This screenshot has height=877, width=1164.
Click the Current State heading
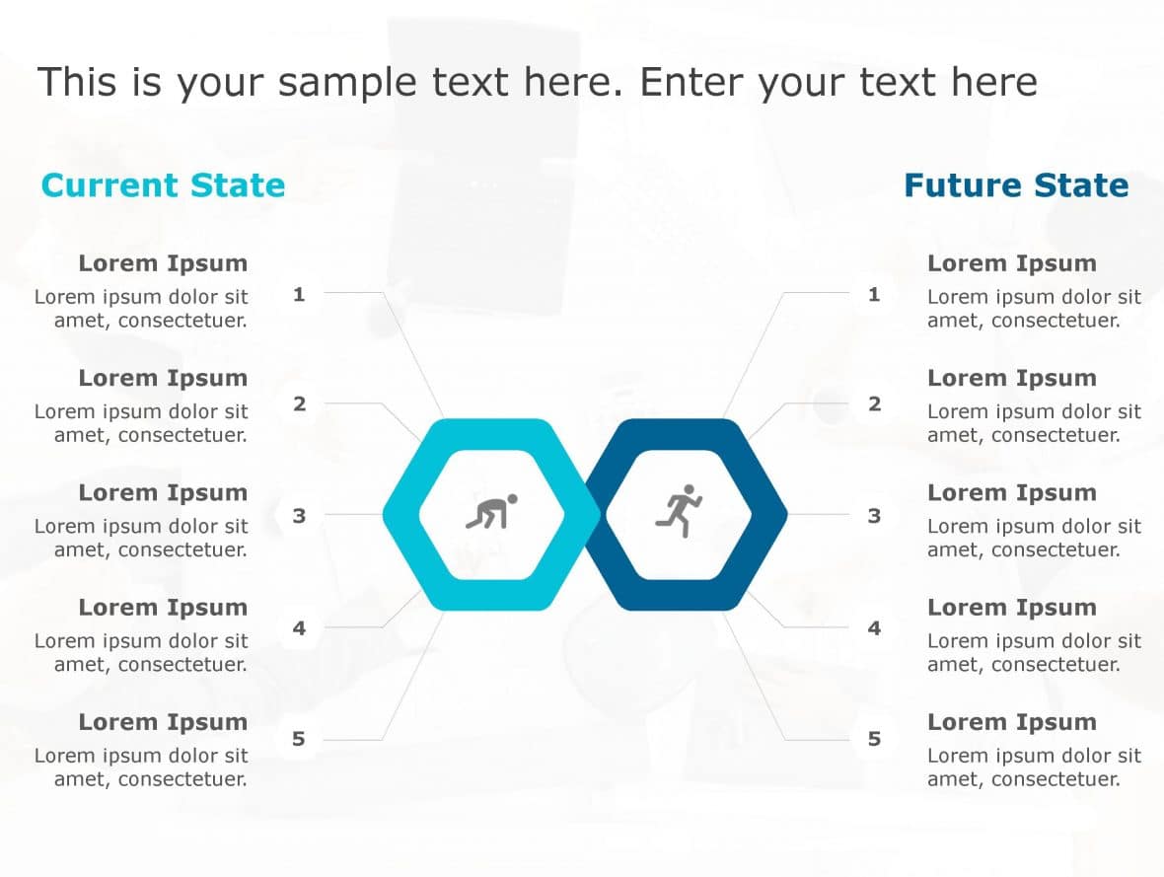(x=163, y=185)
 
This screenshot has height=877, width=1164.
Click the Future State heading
(x=1016, y=185)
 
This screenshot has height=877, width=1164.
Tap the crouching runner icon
(x=491, y=512)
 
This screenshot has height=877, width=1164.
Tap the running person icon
(x=679, y=510)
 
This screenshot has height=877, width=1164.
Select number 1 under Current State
(x=299, y=294)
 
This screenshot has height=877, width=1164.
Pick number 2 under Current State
(x=299, y=403)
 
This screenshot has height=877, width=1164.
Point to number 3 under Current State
(x=299, y=515)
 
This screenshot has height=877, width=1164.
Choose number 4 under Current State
(x=299, y=627)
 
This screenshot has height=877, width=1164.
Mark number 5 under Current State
(x=299, y=739)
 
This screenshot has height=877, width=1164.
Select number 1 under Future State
(x=874, y=294)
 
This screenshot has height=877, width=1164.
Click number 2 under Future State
(x=874, y=403)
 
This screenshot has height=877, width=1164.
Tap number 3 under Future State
(x=874, y=515)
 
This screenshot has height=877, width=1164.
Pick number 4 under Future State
(x=874, y=627)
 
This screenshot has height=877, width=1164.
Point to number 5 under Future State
(x=874, y=739)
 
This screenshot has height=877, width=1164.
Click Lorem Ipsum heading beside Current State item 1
(x=163, y=263)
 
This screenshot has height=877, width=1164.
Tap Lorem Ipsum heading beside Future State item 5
(x=1012, y=722)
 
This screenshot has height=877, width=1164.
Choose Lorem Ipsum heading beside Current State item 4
(x=163, y=608)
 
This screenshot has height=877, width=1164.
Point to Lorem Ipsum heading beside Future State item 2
(x=1012, y=378)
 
